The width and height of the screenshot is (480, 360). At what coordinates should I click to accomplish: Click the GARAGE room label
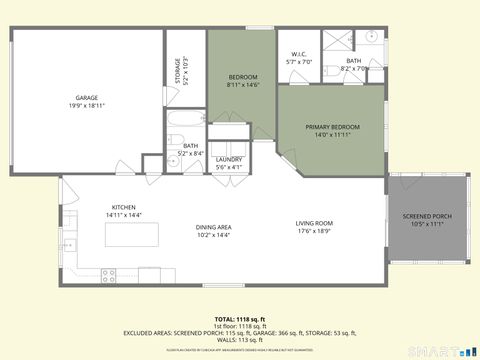click(x=87, y=97)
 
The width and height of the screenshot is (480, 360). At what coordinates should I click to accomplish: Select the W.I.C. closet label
click(x=299, y=54)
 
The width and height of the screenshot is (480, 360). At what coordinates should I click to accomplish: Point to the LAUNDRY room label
click(x=229, y=159)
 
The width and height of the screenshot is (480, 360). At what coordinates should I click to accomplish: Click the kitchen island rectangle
click(x=133, y=236)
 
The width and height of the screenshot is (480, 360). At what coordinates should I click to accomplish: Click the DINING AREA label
click(x=214, y=227)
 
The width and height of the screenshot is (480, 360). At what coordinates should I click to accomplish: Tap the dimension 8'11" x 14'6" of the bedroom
click(x=242, y=85)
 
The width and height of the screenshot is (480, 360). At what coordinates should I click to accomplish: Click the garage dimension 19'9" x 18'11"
click(x=87, y=105)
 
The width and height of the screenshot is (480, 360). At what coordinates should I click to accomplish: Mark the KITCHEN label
click(x=124, y=208)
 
